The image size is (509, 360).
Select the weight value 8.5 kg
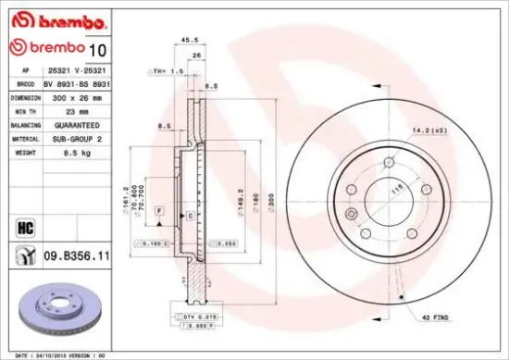click(64, 153)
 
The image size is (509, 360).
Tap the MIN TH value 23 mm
click(62, 110)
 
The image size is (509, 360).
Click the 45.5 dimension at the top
click(190, 40)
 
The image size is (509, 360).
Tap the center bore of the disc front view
click(389, 197)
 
